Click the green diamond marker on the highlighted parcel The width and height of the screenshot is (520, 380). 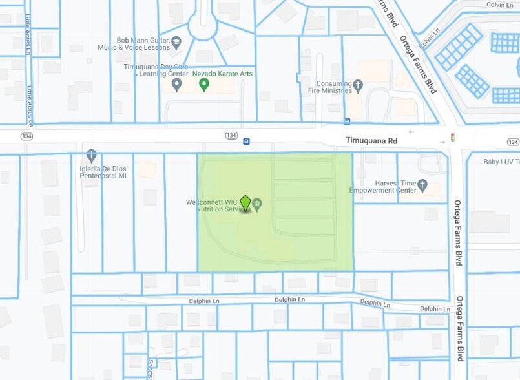click(245, 203)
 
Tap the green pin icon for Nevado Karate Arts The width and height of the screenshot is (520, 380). click(204, 84)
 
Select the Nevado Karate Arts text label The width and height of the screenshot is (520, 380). click(223, 74)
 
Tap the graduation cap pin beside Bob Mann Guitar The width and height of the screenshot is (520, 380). click(176, 43)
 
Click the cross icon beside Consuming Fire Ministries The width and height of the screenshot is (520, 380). click(358, 84)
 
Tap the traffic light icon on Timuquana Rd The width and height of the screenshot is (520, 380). click(452, 138)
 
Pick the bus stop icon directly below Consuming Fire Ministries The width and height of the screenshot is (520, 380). click(348, 121)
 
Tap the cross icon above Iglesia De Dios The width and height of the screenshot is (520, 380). click(91, 155)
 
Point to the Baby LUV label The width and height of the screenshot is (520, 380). click(501, 162)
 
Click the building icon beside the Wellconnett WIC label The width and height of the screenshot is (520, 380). click(257, 205)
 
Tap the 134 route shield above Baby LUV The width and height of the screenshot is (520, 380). click(513, 142)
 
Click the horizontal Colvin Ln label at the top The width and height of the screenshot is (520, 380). click(500, 5)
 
